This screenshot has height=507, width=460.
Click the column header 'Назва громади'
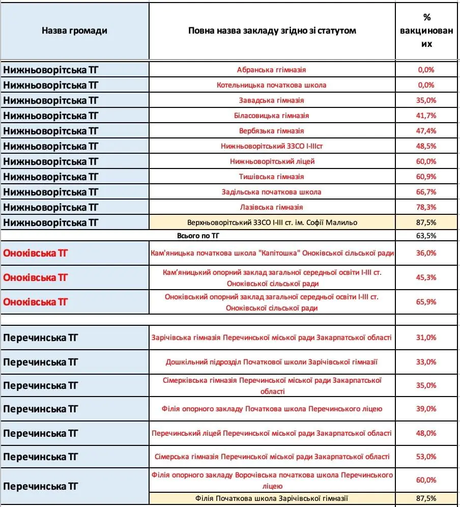(74, 31)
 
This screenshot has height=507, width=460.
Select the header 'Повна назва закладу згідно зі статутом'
(272, 31)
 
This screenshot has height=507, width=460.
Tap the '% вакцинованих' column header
(426, 31)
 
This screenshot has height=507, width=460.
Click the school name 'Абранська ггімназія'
(272, 70)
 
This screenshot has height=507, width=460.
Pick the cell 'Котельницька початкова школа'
(272, 85)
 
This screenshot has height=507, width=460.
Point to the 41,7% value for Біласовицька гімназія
(426, 116)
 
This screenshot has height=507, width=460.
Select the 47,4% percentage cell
(426, 131)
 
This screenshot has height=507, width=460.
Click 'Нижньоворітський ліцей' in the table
(272, 161)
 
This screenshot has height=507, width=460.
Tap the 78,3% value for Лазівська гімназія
(426, 207)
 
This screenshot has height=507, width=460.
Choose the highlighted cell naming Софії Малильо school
(272, 222)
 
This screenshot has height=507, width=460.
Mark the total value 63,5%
(426, 236)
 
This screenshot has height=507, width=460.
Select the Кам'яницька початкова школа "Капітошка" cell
(272, 253)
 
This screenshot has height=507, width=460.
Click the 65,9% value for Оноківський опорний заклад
(426, 302)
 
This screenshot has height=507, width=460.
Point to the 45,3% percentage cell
(426, 277)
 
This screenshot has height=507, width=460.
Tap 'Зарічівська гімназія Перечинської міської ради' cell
(272, 337)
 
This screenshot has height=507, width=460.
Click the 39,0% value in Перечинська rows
(426, 409)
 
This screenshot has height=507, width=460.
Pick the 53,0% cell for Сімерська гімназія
(426, 457)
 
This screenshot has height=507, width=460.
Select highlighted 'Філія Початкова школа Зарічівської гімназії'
(272, 498)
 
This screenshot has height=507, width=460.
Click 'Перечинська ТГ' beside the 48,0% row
(41, 433)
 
